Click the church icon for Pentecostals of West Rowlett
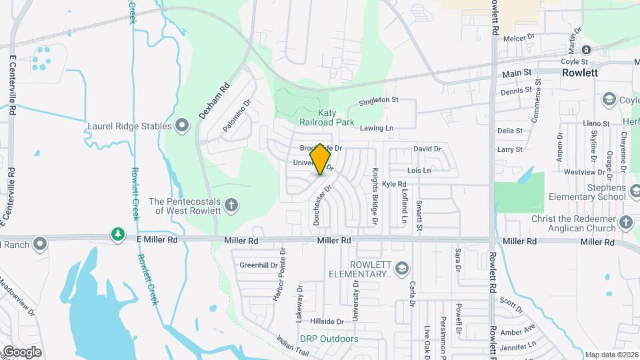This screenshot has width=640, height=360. click(x=231, y=205)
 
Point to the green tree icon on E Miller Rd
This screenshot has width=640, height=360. click(x=118, y=234)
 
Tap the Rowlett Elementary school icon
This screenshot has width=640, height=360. click(x=401, y=268)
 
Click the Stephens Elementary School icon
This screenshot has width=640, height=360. click(x=618, y=193)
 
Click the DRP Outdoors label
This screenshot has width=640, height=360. click(x=329, y=339)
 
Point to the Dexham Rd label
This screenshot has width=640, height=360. click(x=214, y=101)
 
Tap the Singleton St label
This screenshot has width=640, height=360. click(x=378, y=100)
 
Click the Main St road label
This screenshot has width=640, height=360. click(x=517, y=72)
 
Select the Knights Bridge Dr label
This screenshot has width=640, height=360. click(x=375, y=195)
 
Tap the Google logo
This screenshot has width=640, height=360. click(x=21, y=351)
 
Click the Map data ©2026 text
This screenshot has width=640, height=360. click(x=611, y=355)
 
